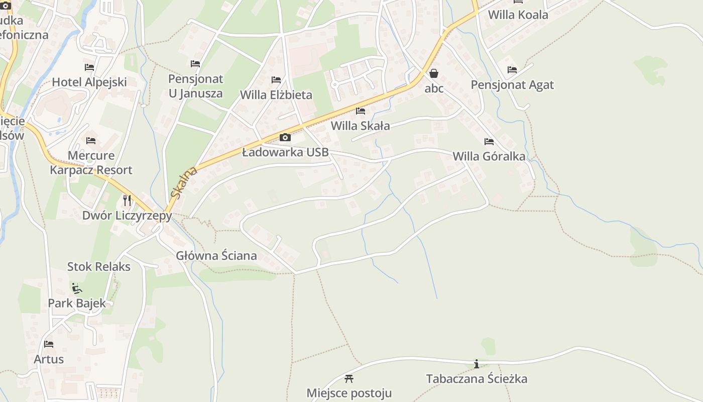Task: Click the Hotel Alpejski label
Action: pyautogui.click(x=89, y=82)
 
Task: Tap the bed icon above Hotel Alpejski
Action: pyautogui.click(x=89, y=67)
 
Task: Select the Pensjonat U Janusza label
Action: pyautogui.click(x=195, y=86)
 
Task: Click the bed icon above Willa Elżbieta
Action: pyautogui.click(x=276, y=80)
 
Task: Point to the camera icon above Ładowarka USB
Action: pyautogui.click(x=285, y=137)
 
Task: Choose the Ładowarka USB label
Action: pyautogui.click(x=285, y=152)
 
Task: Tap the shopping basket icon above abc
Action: pyautogui.click(x=434, y=74)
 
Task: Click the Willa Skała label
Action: pyautogui.click(x=360, y=126)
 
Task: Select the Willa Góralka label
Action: pyautogui.click(x=489, y=156)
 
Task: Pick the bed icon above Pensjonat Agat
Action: pyautogui.click(x=512, y=70)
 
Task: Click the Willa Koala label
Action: pyautogui.click(x=518, y=15)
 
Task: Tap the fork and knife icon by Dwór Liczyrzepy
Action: pyautogui.click(x=127, y=200)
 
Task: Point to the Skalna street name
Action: pyautogui.click(x=184, y=182)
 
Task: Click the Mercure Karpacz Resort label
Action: pyautogui.click(x=91, y=162)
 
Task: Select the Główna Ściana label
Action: pyautogui.click(x=216, y=255)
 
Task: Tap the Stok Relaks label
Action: pyautogui.click(x=99, y=266)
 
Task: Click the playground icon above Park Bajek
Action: pyautogui.click(x=77, y=288)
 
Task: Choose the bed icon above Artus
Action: pyautogui.click(x=49, y=344)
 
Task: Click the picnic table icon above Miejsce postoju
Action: pyautogui.click(x=349, y=378)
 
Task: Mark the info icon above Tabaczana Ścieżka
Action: pyautogui.click(x=477, y=364)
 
